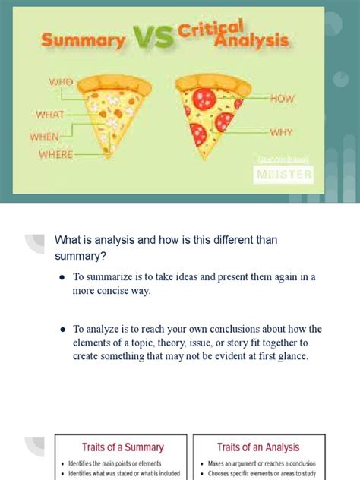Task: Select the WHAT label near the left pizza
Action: pos(51,115)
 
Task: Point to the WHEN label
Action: pos(45,136)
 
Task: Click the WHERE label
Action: pos(56,155)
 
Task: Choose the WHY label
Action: pos(282,131)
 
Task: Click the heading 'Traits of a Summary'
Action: pos(122,447)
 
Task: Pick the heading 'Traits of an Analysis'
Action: pos(258,447)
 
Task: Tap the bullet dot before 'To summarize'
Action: pos(62,277)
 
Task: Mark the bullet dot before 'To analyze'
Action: pos(62,330)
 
